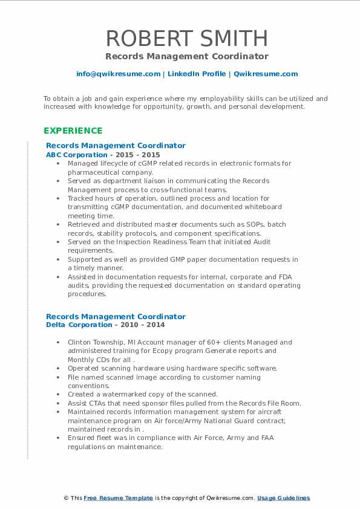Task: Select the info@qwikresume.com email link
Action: tap(118, 74)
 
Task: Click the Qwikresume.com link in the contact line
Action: tap(266, 74)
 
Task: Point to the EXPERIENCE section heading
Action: tap(73, 131)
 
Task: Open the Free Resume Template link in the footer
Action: tap(118, 498)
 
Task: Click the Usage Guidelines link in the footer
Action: tap(283, 498)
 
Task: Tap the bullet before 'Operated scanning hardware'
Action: tap(57, 368)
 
